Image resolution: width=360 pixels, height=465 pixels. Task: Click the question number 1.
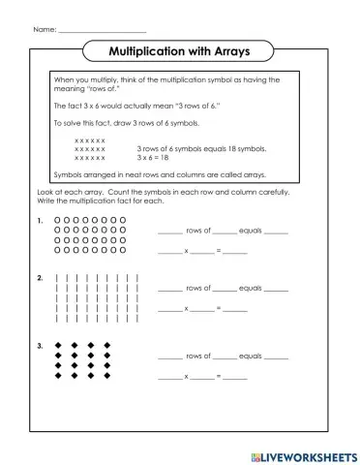(40, 221)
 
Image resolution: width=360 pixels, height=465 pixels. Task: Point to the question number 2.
(40, 279)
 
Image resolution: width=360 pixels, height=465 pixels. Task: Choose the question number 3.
(40, 345)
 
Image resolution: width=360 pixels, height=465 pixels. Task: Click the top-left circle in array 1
(58, 221)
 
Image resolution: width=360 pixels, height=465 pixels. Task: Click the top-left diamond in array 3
(58, 345)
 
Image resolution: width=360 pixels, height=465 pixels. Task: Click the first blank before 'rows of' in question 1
(168, 233)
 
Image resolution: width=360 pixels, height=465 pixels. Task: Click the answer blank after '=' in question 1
(235, 252)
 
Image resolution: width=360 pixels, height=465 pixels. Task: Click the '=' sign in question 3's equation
(219, 376)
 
